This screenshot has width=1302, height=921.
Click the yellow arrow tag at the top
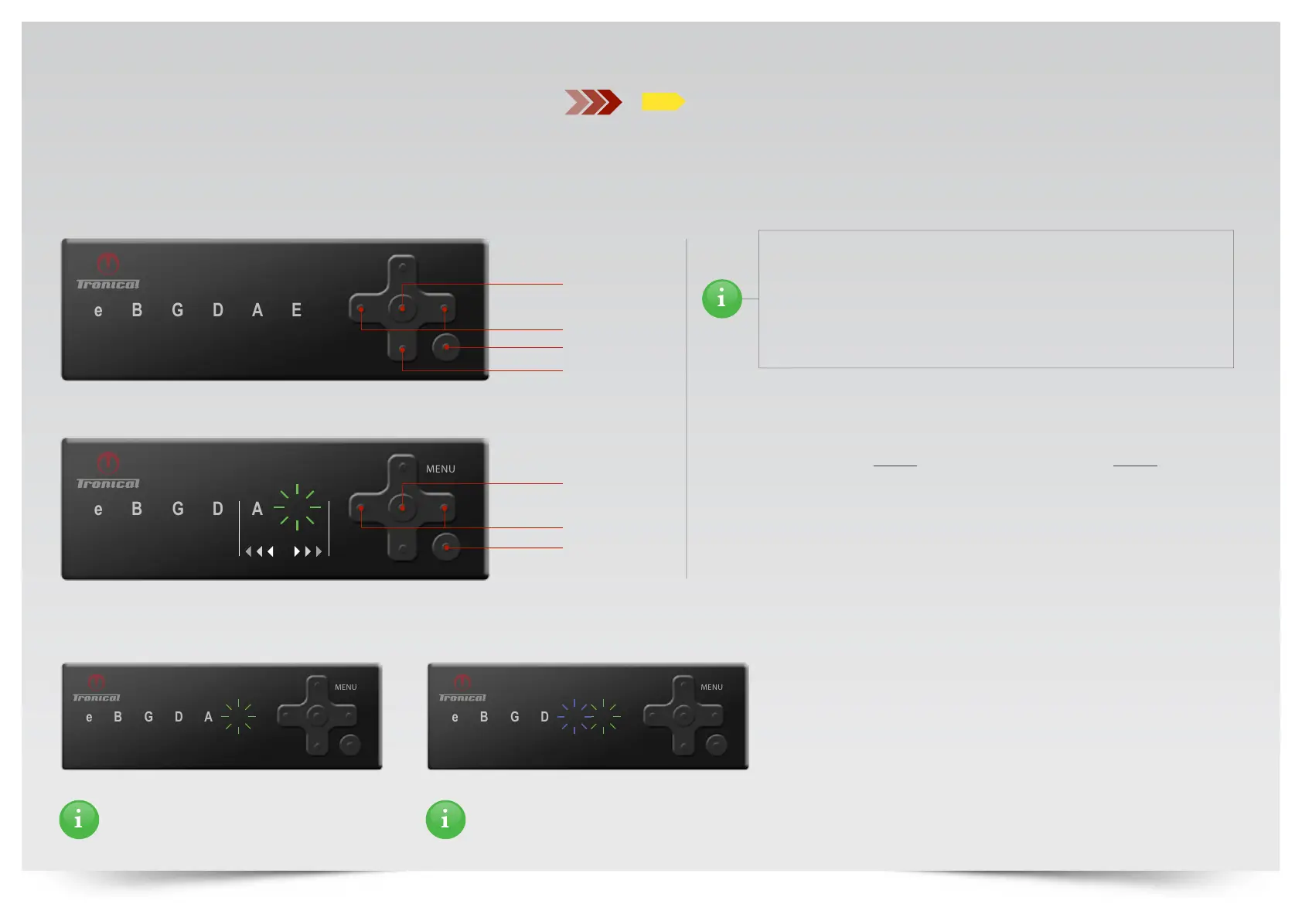(x=662, y=101)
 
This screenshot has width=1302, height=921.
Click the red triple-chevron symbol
(x=593, y=102)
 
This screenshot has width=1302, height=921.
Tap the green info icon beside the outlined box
(x=721, y=298)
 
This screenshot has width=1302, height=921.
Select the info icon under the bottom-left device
(x=79, y=819)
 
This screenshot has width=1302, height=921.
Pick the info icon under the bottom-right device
(x=445, y=819)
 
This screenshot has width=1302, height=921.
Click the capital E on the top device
(x=296, y=310)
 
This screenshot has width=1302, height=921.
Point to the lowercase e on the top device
(x=98, y=311)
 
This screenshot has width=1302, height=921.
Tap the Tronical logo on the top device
(x=108, y=285)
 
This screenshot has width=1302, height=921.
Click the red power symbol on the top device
(x=107, y=264)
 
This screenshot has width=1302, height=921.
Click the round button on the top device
(x=446, y=347)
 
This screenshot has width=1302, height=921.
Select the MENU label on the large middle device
(x=440, y=469)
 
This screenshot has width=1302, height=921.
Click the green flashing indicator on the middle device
(x=297, y=507)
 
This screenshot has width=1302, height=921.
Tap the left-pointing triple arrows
(x=260, y=551)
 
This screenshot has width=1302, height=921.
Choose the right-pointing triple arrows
(x=307, y=551)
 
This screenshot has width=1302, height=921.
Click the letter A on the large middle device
(x=257, y=509)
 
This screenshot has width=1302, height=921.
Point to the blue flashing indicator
(x=574, y=717)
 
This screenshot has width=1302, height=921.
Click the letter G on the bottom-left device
(x=148, y=717)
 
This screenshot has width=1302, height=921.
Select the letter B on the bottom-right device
(x=484, y=717)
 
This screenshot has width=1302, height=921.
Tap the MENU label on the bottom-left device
(x=346, y=687)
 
